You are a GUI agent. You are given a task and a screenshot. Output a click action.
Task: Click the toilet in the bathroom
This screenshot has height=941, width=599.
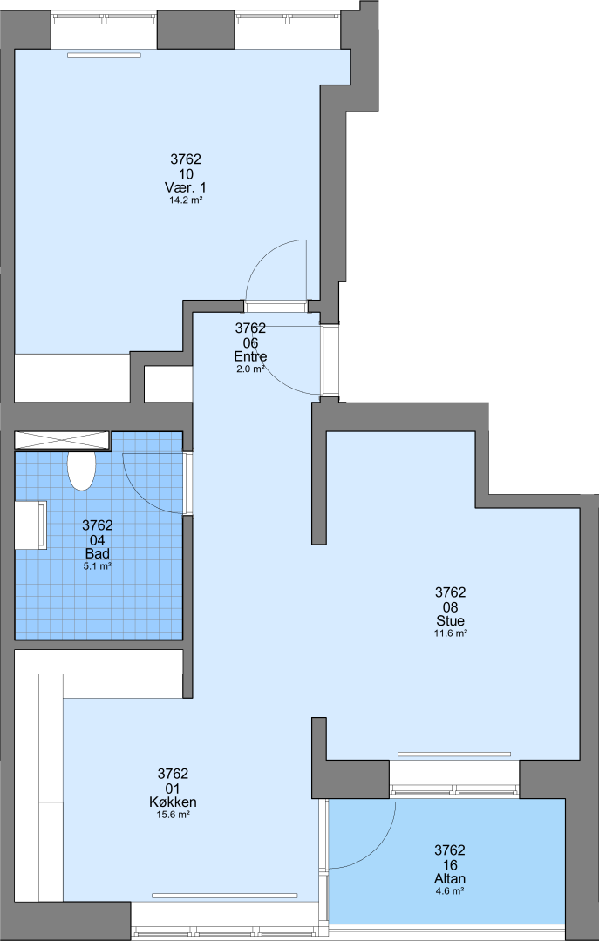pos(81,471)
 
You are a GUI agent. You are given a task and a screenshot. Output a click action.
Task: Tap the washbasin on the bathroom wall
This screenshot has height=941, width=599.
pos(31,525)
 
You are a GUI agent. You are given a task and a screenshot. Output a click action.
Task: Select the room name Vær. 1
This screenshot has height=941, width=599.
pos(186,188)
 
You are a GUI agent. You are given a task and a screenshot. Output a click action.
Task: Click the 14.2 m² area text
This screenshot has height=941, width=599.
pos(185,201)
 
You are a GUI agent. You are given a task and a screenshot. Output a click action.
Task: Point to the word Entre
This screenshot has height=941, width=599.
pos(250,356)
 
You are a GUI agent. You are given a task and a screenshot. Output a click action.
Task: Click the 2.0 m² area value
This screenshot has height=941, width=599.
pos(250,369)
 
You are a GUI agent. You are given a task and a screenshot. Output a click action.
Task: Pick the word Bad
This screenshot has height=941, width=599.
pos(98,553)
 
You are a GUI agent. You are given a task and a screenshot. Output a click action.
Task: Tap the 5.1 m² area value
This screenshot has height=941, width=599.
pos(98,565)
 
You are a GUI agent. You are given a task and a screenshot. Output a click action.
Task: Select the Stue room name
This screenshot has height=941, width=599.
pos(451,620)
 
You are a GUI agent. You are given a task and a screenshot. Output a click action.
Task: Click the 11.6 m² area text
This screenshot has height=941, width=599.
pos(451,633)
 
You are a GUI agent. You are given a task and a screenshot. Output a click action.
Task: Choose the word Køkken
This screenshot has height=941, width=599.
pos(173,802)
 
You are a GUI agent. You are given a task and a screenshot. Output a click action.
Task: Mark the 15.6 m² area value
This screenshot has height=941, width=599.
pos(173,815)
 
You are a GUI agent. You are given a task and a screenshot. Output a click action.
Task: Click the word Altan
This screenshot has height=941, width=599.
pos(449,878)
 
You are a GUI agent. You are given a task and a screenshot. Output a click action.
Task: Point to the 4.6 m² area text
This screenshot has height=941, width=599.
pos(449,891)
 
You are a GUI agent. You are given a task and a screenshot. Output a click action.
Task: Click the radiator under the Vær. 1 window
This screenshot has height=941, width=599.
pos(104,55)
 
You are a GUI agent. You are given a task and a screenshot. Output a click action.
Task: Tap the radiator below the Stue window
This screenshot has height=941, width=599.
pos(454,755)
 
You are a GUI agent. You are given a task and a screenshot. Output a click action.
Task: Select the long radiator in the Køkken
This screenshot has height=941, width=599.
pos(225,896)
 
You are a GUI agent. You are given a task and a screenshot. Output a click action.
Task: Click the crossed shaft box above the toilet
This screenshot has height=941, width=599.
pos(63,440)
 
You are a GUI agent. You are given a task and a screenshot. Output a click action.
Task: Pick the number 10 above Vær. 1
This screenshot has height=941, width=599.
pos(186,174)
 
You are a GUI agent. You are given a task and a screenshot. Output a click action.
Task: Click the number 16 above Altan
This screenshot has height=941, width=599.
pos(449,865)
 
